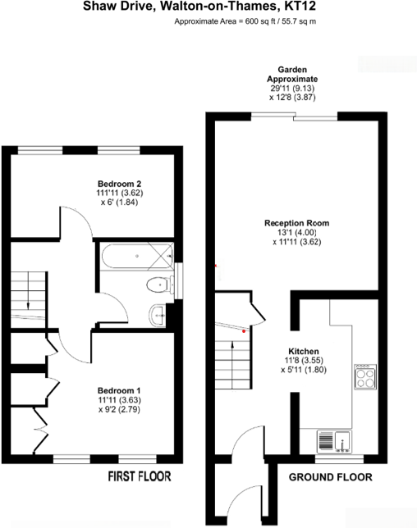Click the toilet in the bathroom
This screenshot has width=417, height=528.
click(x=154, y=284)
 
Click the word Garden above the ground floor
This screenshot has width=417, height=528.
click(x=292, y=70)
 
